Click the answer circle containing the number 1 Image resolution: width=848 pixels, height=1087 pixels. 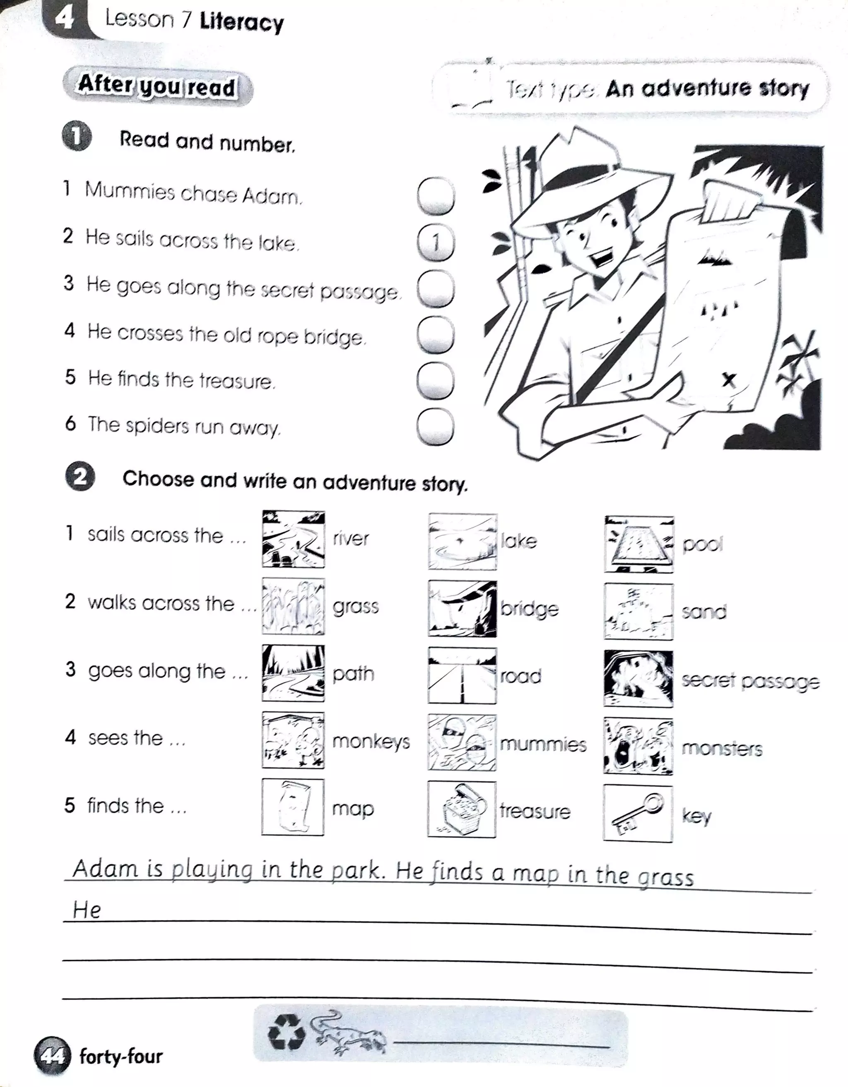(436, 242)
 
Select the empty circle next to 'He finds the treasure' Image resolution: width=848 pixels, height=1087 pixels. (435, 381)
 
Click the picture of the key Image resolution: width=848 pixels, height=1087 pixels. (638, 813)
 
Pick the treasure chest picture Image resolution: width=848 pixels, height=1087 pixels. (462, 809)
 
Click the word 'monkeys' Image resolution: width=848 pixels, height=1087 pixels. (371, 741)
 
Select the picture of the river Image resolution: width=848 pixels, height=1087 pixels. (293, 539)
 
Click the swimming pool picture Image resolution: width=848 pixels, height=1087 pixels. (639, 544)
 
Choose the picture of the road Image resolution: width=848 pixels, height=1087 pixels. (462, 675)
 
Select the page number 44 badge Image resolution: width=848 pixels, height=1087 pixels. (51, 1056)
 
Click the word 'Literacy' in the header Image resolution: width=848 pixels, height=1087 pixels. (241, 22)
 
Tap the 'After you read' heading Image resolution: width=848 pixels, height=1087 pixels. (157, 86)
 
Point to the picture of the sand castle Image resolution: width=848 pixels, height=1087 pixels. (638, 612)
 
